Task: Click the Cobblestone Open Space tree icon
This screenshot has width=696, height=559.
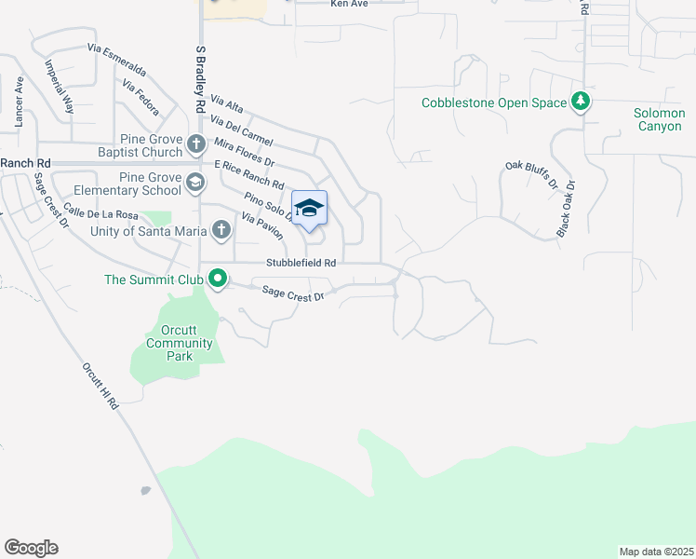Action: click(581, 102)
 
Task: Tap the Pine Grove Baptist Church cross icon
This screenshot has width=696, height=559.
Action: click(195, 144)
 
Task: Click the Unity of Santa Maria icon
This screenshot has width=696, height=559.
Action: click(221, 229)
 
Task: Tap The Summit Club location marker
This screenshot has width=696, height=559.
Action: click(218, 279)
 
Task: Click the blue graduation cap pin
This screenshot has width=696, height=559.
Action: click(310, 208)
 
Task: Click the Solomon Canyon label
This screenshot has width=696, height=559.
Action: click(659, 119)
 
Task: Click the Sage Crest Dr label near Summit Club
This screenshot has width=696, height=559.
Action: click(292, 293)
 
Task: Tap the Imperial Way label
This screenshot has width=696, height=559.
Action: click(60, 88)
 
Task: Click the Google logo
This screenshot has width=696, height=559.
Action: click(31, 548)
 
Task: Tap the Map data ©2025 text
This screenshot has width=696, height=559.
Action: click(656, 552)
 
